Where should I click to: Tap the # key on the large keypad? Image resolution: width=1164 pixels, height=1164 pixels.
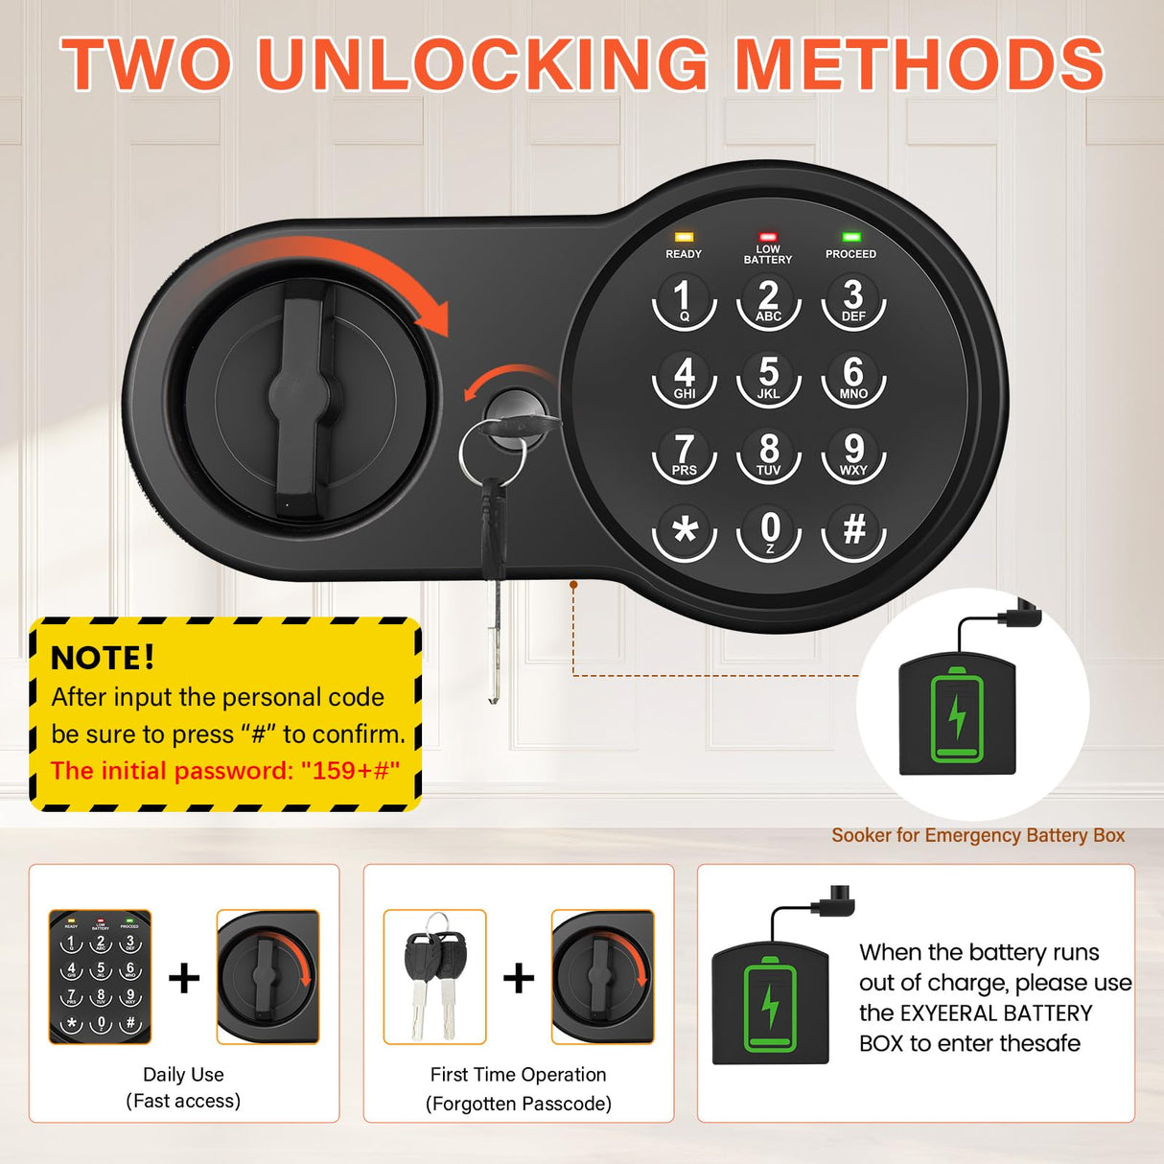853,530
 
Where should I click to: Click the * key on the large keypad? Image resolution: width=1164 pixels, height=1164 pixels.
685,530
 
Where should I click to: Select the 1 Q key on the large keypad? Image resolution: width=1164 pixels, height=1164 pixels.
684,300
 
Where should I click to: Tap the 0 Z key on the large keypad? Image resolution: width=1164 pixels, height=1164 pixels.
769,531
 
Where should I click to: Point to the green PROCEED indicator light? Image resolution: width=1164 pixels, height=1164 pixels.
850,237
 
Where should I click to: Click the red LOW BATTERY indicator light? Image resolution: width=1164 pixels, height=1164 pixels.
768,236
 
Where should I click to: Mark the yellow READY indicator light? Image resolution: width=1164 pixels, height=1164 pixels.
684,237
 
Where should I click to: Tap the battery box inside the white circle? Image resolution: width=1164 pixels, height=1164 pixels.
957,714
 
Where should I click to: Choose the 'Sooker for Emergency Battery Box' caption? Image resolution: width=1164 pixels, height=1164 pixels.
978,835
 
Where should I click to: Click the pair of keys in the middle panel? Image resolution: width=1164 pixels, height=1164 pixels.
434,973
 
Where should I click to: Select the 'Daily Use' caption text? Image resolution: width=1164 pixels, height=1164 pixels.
183,1075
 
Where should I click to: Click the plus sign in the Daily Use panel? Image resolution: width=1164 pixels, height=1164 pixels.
184,978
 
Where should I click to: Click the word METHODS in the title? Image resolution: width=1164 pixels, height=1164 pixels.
920,65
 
